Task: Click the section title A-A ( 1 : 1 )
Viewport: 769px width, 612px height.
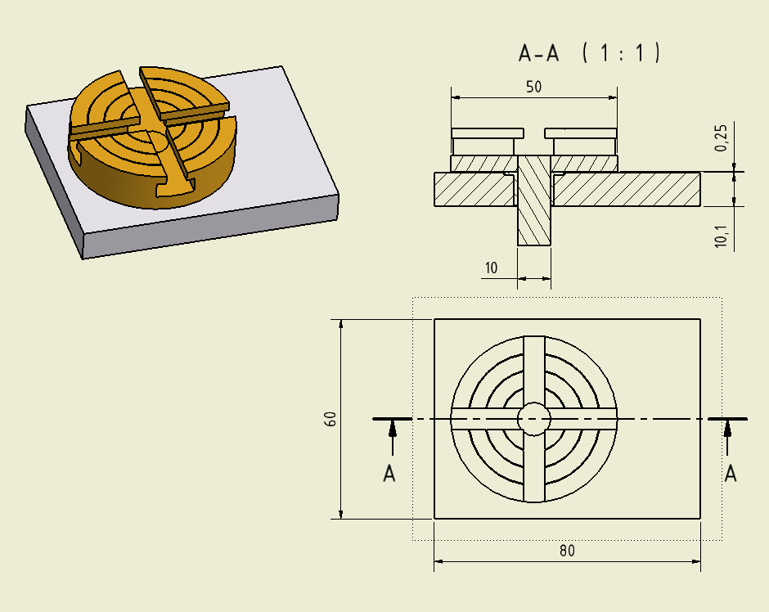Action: (x=589, y=54)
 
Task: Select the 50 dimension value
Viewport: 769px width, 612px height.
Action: (x=533, y=88)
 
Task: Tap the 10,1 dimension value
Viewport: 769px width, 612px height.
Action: (x=722, y=236)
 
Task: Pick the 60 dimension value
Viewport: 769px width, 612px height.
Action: (x=331, y=419)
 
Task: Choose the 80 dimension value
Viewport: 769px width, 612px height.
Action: (x=567, y=551)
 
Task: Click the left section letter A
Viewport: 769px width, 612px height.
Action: (x=389, y=474)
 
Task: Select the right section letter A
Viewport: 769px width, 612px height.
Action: (x=731, y=474)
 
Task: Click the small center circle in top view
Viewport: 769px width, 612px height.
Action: (x=534, y=419)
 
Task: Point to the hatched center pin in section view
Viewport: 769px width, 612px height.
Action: (x=534, y=205)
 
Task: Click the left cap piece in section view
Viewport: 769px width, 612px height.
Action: (x=488, y=133)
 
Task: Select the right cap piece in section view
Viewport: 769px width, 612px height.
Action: (x=581, y=133)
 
